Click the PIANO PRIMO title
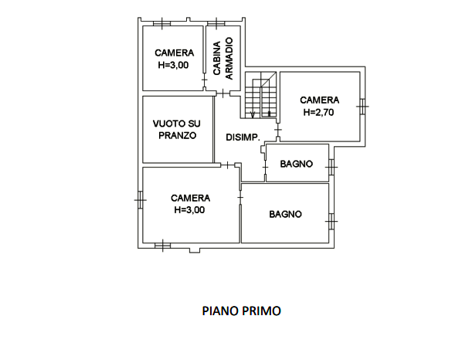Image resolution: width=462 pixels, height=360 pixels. point(241,311)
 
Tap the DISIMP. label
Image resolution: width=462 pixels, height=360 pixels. point(243,138)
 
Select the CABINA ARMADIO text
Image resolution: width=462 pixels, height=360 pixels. point(223,59)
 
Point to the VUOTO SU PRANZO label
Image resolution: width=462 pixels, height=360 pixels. point(177,129)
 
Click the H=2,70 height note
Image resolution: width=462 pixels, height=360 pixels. point(318,112)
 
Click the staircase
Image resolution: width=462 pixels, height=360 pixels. point(261,95)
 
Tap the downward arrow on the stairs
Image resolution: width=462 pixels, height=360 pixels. point(253,114)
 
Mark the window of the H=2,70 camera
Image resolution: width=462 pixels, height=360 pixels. point(362,106)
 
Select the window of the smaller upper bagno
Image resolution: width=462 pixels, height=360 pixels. point(331,167)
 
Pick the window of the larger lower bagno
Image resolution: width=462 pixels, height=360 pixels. point(331,221)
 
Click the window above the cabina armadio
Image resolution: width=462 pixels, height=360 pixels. point(216,24)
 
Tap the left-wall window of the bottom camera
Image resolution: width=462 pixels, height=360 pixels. point(141,200)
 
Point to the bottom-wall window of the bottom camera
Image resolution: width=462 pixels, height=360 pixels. point(163,246)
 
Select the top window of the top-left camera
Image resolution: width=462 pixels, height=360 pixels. point(162,24)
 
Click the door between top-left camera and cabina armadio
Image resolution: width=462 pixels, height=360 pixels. point(204,80)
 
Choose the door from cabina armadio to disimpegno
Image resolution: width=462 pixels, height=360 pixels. point(223,93)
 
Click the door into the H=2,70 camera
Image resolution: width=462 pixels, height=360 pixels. point(278,130)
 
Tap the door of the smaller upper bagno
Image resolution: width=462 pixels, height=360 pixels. point(265,168)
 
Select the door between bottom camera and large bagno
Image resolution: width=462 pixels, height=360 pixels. point(240,197)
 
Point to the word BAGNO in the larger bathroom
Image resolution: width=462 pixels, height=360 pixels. point(285,214)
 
